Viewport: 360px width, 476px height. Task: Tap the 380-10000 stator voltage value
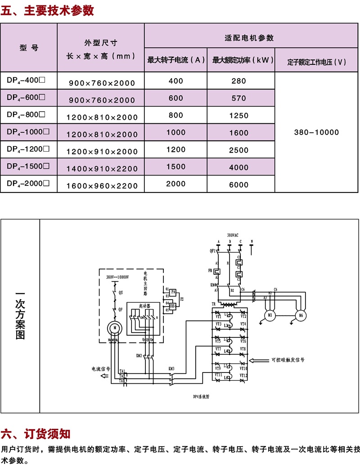[316, 133]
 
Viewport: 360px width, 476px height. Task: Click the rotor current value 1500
[175, 167]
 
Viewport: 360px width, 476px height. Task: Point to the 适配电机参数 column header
[249, 38]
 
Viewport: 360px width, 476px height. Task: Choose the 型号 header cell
[29, 48]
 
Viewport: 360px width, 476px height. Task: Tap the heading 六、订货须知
[36, 434]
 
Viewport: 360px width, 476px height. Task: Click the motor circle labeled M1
[270, 315]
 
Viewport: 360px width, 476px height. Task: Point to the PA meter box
[173, 292]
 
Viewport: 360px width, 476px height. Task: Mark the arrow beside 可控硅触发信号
[258, 360]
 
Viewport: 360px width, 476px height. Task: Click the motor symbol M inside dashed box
[114, 328]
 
